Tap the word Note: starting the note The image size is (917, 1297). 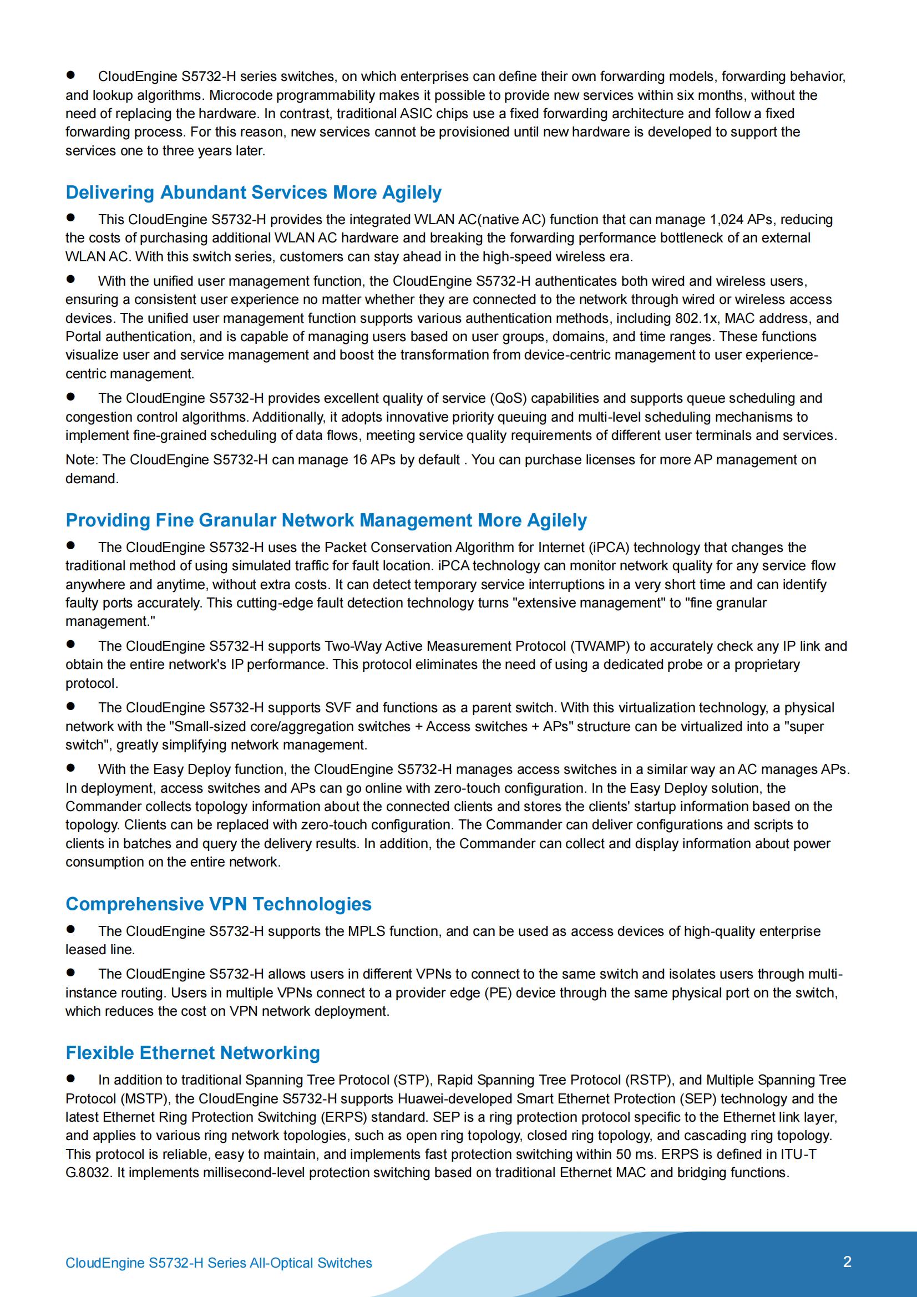point(82,460)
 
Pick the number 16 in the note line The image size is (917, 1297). point(360,460)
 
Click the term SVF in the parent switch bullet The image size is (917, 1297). point(338,708)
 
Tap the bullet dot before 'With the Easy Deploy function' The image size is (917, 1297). point(70,768)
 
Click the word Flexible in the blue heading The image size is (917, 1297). point(100,1053)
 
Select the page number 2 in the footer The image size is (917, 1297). point(847,1262)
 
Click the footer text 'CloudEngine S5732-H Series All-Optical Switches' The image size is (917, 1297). point(219,1263)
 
